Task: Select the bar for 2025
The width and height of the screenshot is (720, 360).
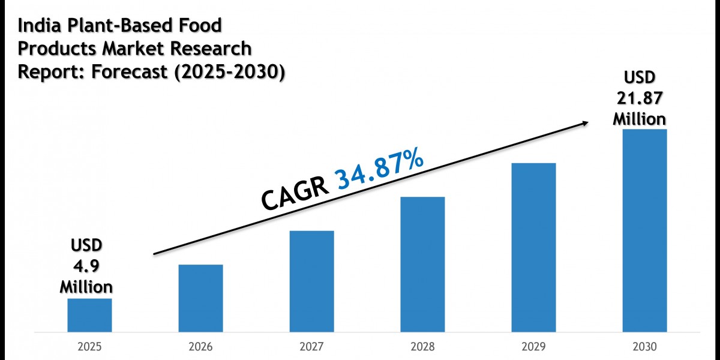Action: (x=89, y=315)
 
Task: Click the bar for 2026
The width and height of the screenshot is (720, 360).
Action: (x=200, y=298)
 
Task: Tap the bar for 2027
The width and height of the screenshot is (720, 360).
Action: (x=311, y=281)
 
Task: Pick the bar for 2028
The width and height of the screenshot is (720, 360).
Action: (x=422, y=264)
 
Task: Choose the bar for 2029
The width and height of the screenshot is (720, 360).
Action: (x=533, y=247)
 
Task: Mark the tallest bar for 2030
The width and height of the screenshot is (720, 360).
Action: (x=644, y=230)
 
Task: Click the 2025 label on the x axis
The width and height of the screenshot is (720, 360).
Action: (x=89, y=347)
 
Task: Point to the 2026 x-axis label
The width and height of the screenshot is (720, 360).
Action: (x=200, y=347)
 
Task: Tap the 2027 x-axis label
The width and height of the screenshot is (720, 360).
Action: (x=311, y=347)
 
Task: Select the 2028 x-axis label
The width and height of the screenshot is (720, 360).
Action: (x=422, y=347)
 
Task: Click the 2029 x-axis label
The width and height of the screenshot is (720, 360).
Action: (x=533, y=347)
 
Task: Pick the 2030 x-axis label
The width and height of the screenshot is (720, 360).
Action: (x=644, y=347)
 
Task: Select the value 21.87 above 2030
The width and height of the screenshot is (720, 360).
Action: (x=639, y=98)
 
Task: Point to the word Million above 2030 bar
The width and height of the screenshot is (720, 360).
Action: (x=639, y=118)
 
